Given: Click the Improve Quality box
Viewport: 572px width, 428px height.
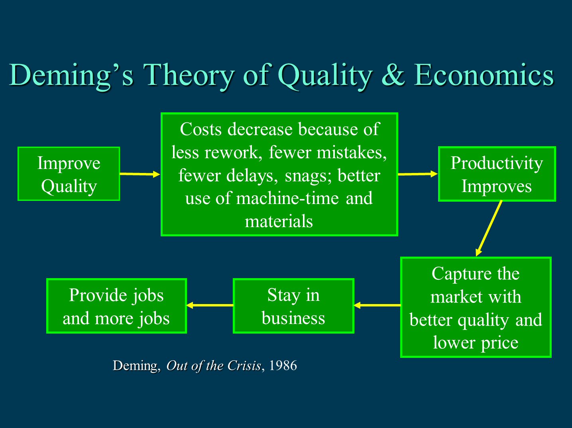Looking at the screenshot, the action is click(x=69, y=174).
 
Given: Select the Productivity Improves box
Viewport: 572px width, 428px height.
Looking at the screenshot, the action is click(x=497, y=174).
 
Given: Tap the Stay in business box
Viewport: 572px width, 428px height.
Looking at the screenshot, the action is click(x=293, y=306).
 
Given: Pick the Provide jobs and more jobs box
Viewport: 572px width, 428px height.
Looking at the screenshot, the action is click(x=116, y=306).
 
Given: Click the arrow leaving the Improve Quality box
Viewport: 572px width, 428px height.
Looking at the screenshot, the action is click(x=140, y=174).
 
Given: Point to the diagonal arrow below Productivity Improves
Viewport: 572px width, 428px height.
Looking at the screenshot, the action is click(x=489, y=228).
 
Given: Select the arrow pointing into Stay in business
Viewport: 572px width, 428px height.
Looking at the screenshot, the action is click(x=377, y=305).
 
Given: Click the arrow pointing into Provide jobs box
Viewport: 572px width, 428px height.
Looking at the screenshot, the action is click(x=210, y=305).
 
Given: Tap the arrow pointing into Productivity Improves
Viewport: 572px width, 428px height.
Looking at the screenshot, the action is click(x=418, y=174).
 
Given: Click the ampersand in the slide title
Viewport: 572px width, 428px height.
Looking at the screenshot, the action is click(x=393, y=75).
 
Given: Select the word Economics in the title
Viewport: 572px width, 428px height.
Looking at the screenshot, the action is click(x=484, y=75).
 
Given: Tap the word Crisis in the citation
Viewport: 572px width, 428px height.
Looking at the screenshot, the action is click(x=244, y=365).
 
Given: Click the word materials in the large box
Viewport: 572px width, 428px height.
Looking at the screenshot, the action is click(x=279, y=222).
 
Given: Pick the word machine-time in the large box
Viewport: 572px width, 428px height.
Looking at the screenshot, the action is click(x=287, y=198).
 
